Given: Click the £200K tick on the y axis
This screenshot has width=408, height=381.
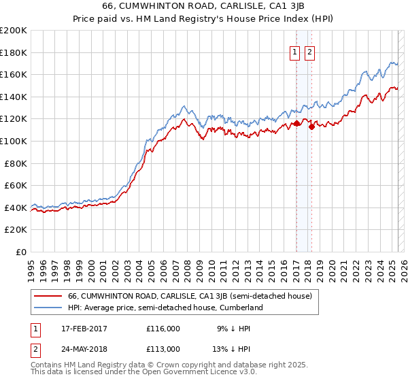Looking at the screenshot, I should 14,31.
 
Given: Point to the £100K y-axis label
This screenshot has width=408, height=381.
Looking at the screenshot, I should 14,141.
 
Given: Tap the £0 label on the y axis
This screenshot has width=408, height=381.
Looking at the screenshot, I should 21,252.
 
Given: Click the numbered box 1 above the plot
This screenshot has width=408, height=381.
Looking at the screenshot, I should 295,52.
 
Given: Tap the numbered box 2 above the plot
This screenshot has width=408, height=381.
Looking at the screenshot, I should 310,52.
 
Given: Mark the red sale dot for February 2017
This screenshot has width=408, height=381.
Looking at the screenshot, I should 296,124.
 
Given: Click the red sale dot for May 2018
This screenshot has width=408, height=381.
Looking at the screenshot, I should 311,126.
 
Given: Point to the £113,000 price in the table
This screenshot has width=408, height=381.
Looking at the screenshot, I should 163,349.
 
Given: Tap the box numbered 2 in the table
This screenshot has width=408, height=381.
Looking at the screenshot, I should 35,349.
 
